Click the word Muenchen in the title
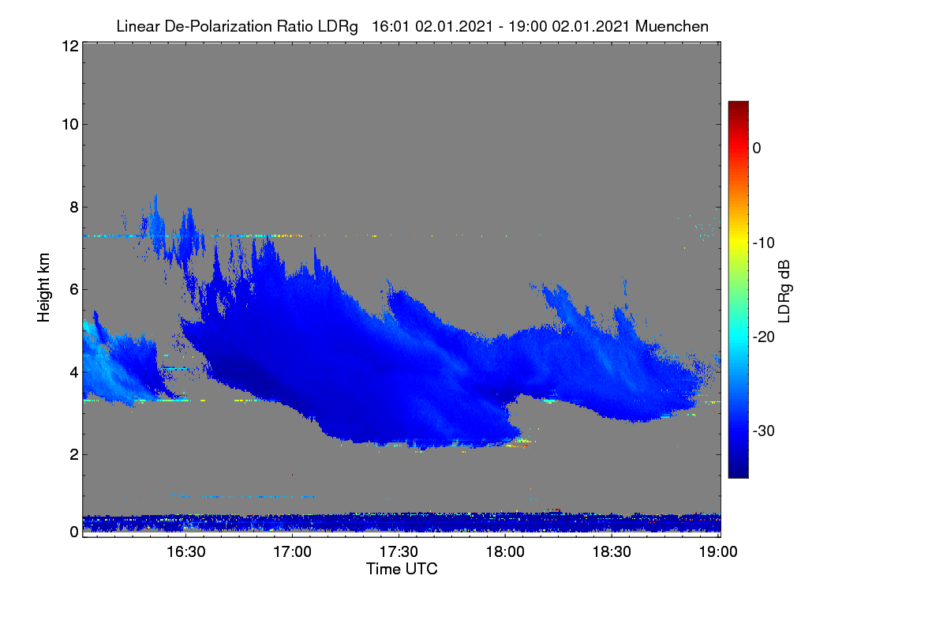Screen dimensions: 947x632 point(672,26)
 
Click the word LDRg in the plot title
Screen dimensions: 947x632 point(338,27)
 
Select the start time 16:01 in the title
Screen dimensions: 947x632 point(390,26)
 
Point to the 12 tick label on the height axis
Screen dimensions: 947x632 point(70,46)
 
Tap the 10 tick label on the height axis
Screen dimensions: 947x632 point(70,125)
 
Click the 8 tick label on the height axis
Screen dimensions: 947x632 point(74,207)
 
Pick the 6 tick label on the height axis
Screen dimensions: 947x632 point(74,290)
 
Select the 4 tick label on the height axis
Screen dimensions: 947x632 point(74,372)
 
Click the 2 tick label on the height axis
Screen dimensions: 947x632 point(74,454)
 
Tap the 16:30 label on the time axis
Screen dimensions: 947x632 point(186,551)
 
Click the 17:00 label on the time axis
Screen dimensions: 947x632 point(292,551)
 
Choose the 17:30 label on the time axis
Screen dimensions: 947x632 point(399,551)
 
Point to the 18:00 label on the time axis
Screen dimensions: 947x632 point(505,551)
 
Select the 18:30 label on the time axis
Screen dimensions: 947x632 point(612,551)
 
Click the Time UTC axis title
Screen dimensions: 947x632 point(402,569)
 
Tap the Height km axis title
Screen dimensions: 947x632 point(43,288)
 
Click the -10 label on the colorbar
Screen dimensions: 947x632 point(764,243)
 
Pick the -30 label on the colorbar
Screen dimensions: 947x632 point(764,431)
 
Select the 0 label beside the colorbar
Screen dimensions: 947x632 point(757,149)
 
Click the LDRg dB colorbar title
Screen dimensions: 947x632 point(784,292)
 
